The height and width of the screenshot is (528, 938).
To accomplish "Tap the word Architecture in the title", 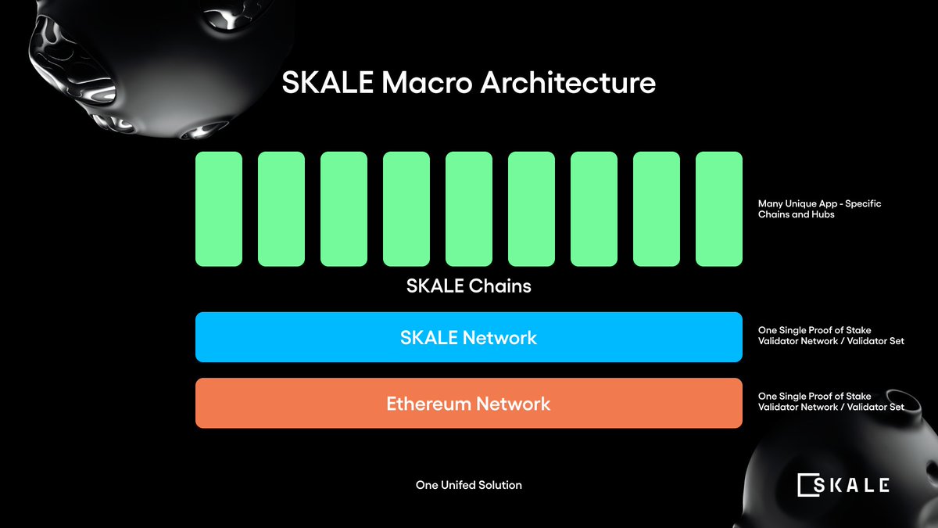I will (x=568, y=83).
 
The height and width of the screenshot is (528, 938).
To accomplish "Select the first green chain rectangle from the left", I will (x=219, y=209).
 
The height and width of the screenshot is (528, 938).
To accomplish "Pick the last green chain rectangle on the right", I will (x=719, y=209).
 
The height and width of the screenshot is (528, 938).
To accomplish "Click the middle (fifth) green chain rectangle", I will (x=469, y=209).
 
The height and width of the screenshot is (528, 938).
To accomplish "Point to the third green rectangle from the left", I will (x=344, y=209).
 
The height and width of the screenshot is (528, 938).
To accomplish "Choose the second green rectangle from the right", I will (x=657, y=209).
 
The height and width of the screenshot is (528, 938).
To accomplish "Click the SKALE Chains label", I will (x=469, y=286).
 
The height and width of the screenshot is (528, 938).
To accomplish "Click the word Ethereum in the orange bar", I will (x=428, y=404).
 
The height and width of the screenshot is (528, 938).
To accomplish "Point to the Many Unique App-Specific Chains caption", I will (x=819, y=209).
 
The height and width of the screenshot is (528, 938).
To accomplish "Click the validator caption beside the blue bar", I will (x=830, y=336).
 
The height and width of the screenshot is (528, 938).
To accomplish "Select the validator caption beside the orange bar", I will (x=830, y=402).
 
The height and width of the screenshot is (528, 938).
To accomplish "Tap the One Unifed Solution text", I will (x=469, y=485).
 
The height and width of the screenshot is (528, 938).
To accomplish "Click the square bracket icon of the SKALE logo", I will (x=806, y=485).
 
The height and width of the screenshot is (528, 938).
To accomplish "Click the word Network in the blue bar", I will (x=499, y=338).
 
